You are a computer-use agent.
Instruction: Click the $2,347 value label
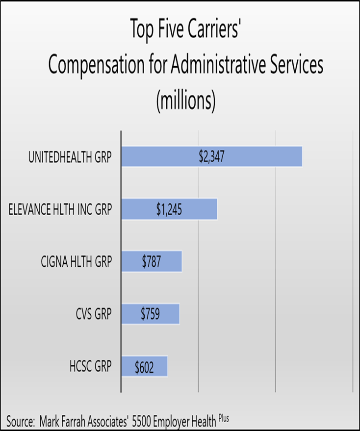tap(211, 157)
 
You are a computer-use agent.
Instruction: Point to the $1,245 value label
tap(169, 209)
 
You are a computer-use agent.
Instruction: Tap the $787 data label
tap(152, 261)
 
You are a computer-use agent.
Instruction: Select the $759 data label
tap(150, 314)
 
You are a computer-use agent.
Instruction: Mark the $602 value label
tap(144, 366)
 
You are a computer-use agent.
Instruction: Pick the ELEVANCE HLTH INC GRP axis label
tap(60, 210)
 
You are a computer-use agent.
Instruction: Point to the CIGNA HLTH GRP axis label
tap(77, 262)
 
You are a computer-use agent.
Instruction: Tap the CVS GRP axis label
tap(92, 314)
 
